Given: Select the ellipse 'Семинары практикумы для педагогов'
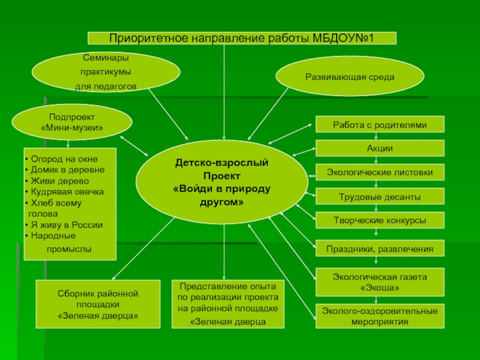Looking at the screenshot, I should [106, 72].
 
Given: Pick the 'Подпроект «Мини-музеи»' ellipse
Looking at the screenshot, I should [72, 122].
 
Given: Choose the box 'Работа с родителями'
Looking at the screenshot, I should [380, 125].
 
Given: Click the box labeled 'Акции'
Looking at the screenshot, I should [380, 149].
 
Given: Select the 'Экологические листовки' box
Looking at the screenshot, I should [380, 173].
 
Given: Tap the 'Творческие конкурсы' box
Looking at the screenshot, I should [380, 221].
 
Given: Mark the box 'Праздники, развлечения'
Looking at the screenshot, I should [380, 248].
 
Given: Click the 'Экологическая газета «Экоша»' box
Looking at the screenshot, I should [380, 283].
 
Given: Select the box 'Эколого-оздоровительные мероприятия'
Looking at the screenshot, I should [380, 316].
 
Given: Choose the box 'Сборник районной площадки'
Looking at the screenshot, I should [98, 304].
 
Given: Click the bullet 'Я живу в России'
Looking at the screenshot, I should [67, 225].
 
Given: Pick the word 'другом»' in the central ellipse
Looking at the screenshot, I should [222, 202].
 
